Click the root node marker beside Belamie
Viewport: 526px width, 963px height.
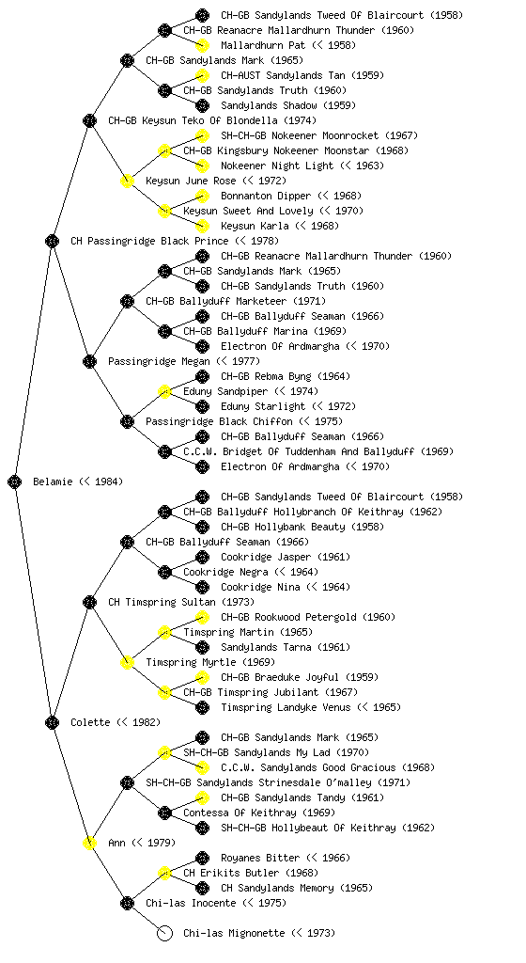click(x=15, y=482)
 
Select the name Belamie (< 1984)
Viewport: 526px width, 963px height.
click(x=78, y=482)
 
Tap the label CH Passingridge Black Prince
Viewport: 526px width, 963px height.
click(x=149, y=242)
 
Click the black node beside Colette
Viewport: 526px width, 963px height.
click(x=52, y=723)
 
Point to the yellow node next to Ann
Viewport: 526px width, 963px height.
click(x=89, y=844)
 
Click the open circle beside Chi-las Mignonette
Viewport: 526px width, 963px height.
click(x=164, y=934)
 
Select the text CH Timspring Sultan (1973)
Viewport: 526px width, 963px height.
click(x=181, y=603)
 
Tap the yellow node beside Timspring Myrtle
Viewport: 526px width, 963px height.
click(x=127, y=663)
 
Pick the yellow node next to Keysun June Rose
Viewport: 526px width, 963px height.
click(x=127, y=182)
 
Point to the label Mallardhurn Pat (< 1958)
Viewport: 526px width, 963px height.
click(x=288, y=45)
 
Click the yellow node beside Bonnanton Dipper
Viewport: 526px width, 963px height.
click(x=202, y=196)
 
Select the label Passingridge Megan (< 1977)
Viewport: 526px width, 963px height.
click(x=184, y=362)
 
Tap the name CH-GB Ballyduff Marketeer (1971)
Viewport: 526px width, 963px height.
click(x=236, y=302)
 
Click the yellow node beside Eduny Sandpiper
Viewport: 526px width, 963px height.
click(x=164, y=392)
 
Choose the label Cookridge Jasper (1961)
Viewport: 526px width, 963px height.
click(x=286, y=557)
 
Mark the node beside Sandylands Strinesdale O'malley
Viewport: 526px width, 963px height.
click(x=127, y=783)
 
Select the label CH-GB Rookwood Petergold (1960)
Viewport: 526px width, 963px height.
click(x=308, y=617)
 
